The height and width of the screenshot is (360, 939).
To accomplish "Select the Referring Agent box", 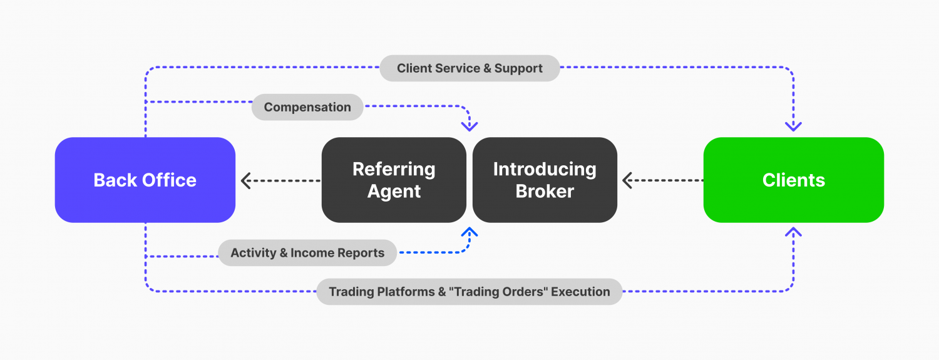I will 394,180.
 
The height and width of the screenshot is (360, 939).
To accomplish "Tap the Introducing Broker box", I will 545,180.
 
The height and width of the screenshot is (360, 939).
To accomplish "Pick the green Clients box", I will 793,180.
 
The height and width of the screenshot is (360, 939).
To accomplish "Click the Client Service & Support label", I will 469,68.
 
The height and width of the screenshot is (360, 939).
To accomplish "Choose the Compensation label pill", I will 307,107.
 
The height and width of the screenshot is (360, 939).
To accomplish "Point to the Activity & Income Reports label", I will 307,253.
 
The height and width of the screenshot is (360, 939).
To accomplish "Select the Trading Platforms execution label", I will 469,292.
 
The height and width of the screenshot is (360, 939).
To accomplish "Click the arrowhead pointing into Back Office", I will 246,181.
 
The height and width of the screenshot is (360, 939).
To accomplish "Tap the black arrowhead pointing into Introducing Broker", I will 628,181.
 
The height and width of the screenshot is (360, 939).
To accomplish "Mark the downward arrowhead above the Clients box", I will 793,126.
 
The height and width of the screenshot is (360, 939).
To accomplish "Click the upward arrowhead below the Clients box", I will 793,232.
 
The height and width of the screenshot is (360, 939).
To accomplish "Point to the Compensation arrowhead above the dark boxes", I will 469,126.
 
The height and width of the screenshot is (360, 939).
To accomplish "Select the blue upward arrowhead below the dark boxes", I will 469,232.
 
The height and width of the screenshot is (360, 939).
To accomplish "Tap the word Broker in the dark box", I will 545,191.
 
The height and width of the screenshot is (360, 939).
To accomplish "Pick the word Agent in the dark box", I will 394,191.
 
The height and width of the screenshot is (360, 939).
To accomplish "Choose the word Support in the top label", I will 518,68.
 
